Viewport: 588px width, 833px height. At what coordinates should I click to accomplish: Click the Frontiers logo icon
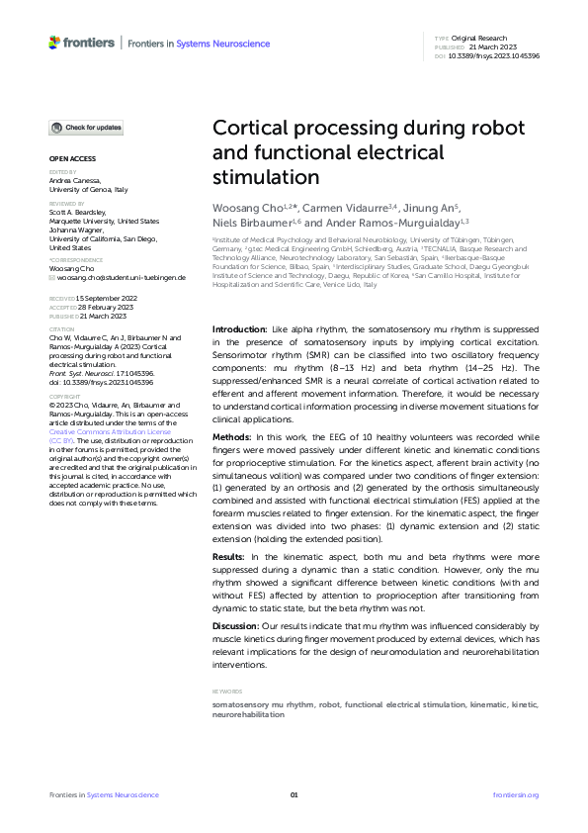tap(54, 43)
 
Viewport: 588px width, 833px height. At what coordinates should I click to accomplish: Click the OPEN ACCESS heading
tap(71, 159)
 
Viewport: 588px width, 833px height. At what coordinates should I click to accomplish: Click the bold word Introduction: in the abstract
tap(240, 327)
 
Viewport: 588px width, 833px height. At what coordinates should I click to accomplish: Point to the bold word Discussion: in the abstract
tap(238, 627)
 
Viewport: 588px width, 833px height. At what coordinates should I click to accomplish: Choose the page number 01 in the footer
tap(294, 795)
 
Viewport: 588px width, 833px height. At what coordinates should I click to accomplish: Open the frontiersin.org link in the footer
tap(515, 795)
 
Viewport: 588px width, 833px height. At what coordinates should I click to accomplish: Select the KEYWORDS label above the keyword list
tap(227, 692)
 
